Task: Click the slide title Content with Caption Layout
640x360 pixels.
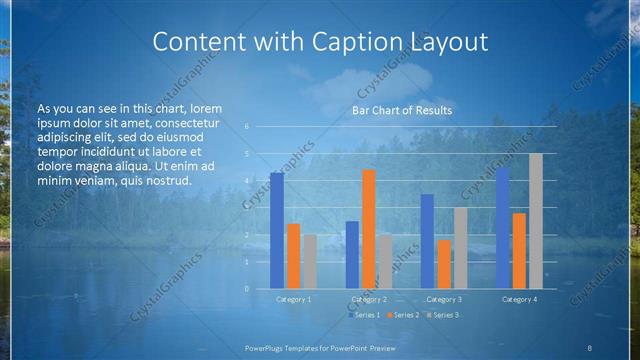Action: (x=319, y=42)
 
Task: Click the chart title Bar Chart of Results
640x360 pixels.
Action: (x=402, y=110)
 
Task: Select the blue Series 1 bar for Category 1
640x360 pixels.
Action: (x=277, y=230)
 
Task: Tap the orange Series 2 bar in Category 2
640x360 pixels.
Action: (x=369, y=229)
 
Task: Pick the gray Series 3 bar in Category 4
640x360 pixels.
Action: (x=536, y=221)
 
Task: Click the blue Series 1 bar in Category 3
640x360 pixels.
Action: (x=427, y=241)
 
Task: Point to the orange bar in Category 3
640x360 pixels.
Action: (x=444, y=264)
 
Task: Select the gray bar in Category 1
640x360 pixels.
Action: (x=310, y=261)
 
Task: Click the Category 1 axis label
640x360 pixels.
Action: (x=294, y=299)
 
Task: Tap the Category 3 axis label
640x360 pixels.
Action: (x=444, y=299)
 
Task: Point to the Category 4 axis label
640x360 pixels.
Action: (x=519, y=299)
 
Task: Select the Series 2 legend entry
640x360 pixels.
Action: (x=404, y=315)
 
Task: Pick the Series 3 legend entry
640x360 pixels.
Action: (x=442, y=315)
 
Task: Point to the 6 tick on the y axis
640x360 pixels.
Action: (x=246, y=127)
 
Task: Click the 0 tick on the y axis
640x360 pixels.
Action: (x=246, y=289)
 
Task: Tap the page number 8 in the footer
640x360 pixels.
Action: (x=589, y=347)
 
